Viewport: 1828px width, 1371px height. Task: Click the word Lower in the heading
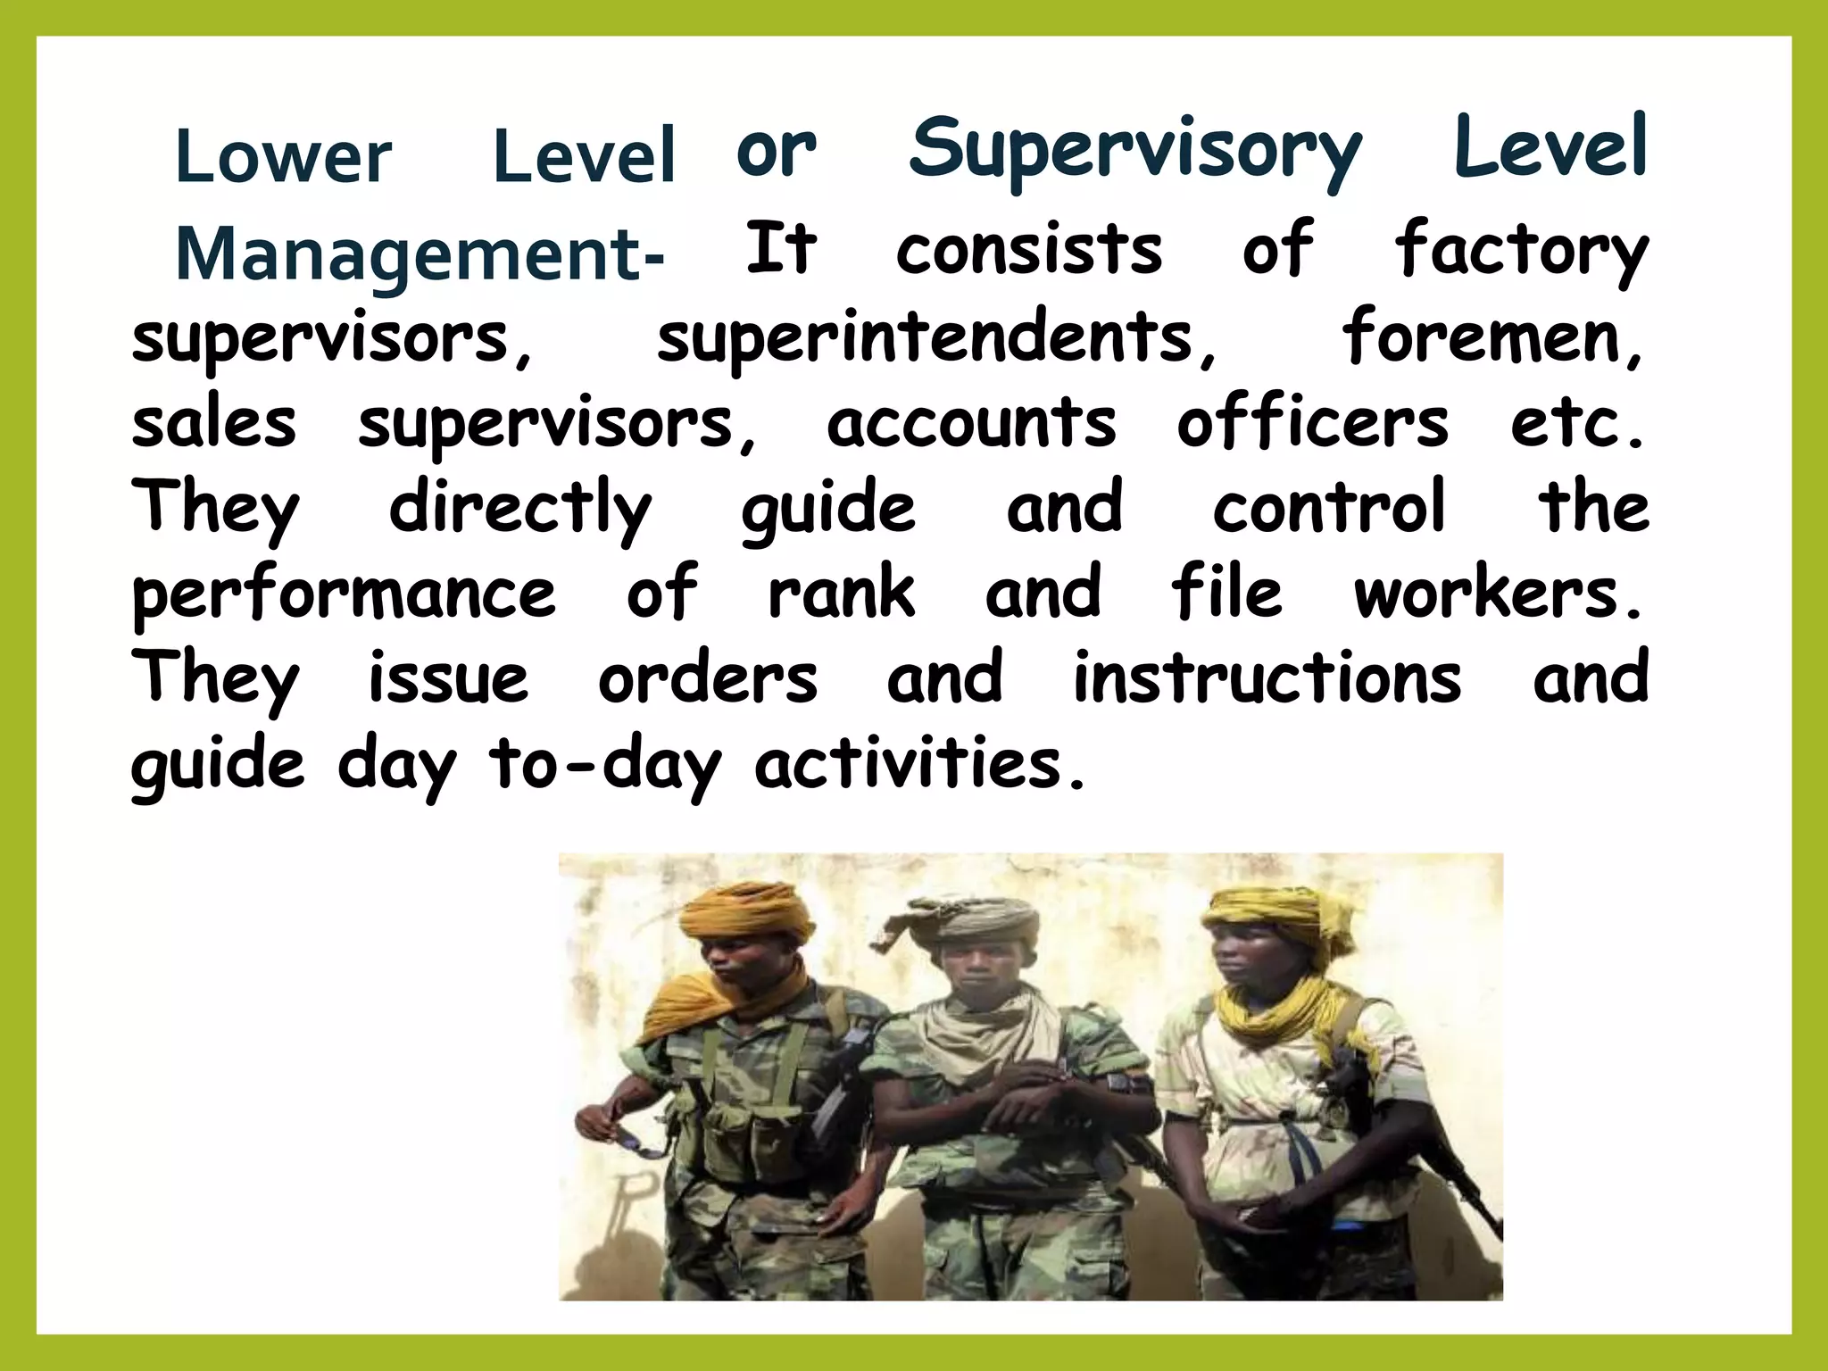pyautogui.click(x=283, y=157)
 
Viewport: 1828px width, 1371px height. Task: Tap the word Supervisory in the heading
pyautogui.click(x=1134, y=152)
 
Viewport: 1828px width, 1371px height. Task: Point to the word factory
pyautogui.click(x=1521, y=251)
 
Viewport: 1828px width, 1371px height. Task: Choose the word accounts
pyautogui.click(x=971, y=423)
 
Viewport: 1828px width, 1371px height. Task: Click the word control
pyautogui.click(x=1328, y=507)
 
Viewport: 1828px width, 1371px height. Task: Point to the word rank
pyautogui.click(x=842, y=593)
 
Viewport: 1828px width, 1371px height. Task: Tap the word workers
pyautogui.click(x=1497, y=593)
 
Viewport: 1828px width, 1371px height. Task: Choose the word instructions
pyautogui.click(x=1267, y=678)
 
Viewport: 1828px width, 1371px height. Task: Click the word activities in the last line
pyautogui.click(x=919, y=765)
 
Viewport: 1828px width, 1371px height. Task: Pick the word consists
pyautogui.click(x=1029, y=249)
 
